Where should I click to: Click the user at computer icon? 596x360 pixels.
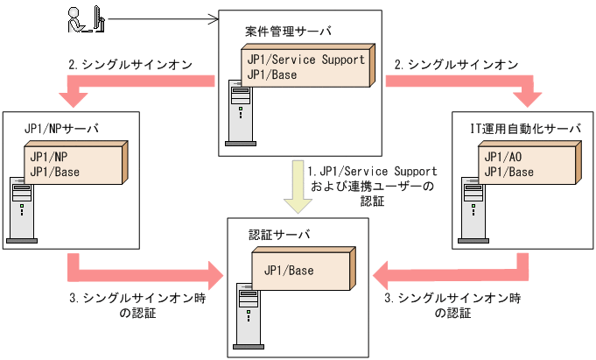tap(81, 18)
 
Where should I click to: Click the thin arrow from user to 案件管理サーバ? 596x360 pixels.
tap(161, 17)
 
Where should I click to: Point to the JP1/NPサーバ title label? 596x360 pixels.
tap(61, 129)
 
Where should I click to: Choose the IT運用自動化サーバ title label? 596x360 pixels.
tap(525, 129)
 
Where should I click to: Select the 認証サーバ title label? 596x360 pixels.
tap(273, 235)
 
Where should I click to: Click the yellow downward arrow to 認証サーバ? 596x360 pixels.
tap(298, 188)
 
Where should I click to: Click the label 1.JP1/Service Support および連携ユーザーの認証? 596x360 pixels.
tap(373, 187)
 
